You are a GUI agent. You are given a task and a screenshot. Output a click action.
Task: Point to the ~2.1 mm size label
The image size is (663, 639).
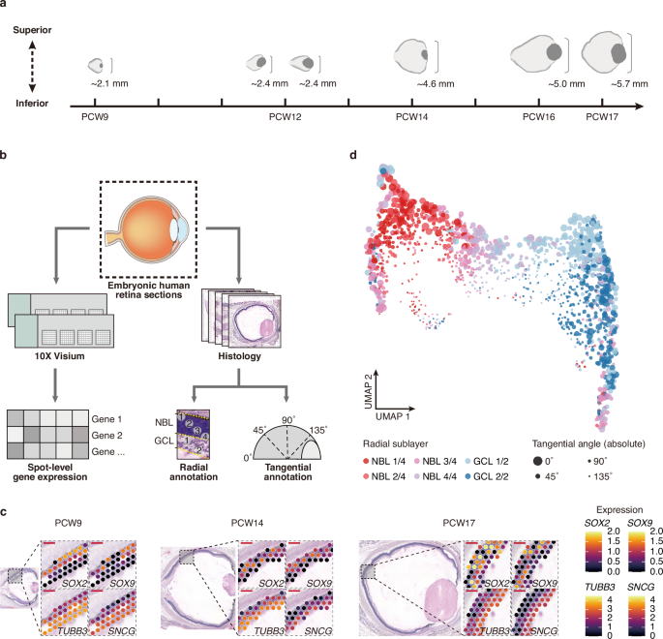(109, 85)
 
